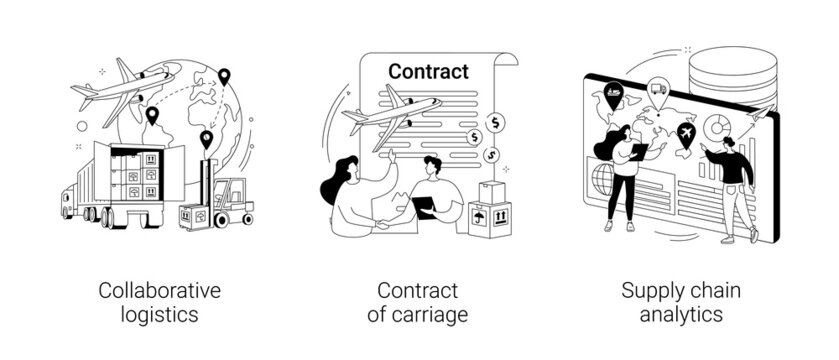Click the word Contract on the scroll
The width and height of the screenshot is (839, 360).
pyautogui.click(x=428, y=72)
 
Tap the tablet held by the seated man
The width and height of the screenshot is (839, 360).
pyautogui.click(x=423, y=206)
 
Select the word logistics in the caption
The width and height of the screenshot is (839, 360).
pyautogui.click(x=159, y=315)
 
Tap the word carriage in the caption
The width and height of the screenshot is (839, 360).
pyautogui.click(x=439, y=315)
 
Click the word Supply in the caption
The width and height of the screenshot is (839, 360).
pyautogui.click(x=646, y=291)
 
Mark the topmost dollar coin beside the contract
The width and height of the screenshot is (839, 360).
pyautogui.click(x=498, y=121)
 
